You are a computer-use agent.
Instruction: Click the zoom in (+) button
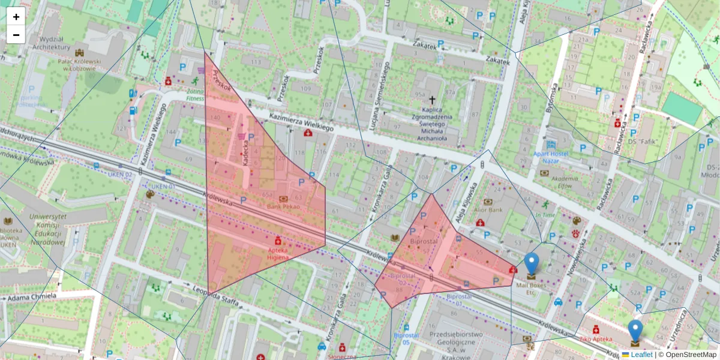(x=16, y=17)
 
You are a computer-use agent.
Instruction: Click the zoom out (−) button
(x=16, y=35)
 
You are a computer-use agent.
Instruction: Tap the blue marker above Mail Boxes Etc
(x=531, y=264)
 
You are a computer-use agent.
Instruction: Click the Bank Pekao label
(x=283, y=206)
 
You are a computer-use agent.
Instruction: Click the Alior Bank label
(x=488, y=210)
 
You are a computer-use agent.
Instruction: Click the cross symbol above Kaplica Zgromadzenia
(x=432, y=100)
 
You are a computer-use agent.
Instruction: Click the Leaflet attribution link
(x=641, y=355)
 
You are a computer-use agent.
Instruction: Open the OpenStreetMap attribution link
(x=691, y=355)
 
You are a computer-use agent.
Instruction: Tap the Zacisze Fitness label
(x=195, y=94)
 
